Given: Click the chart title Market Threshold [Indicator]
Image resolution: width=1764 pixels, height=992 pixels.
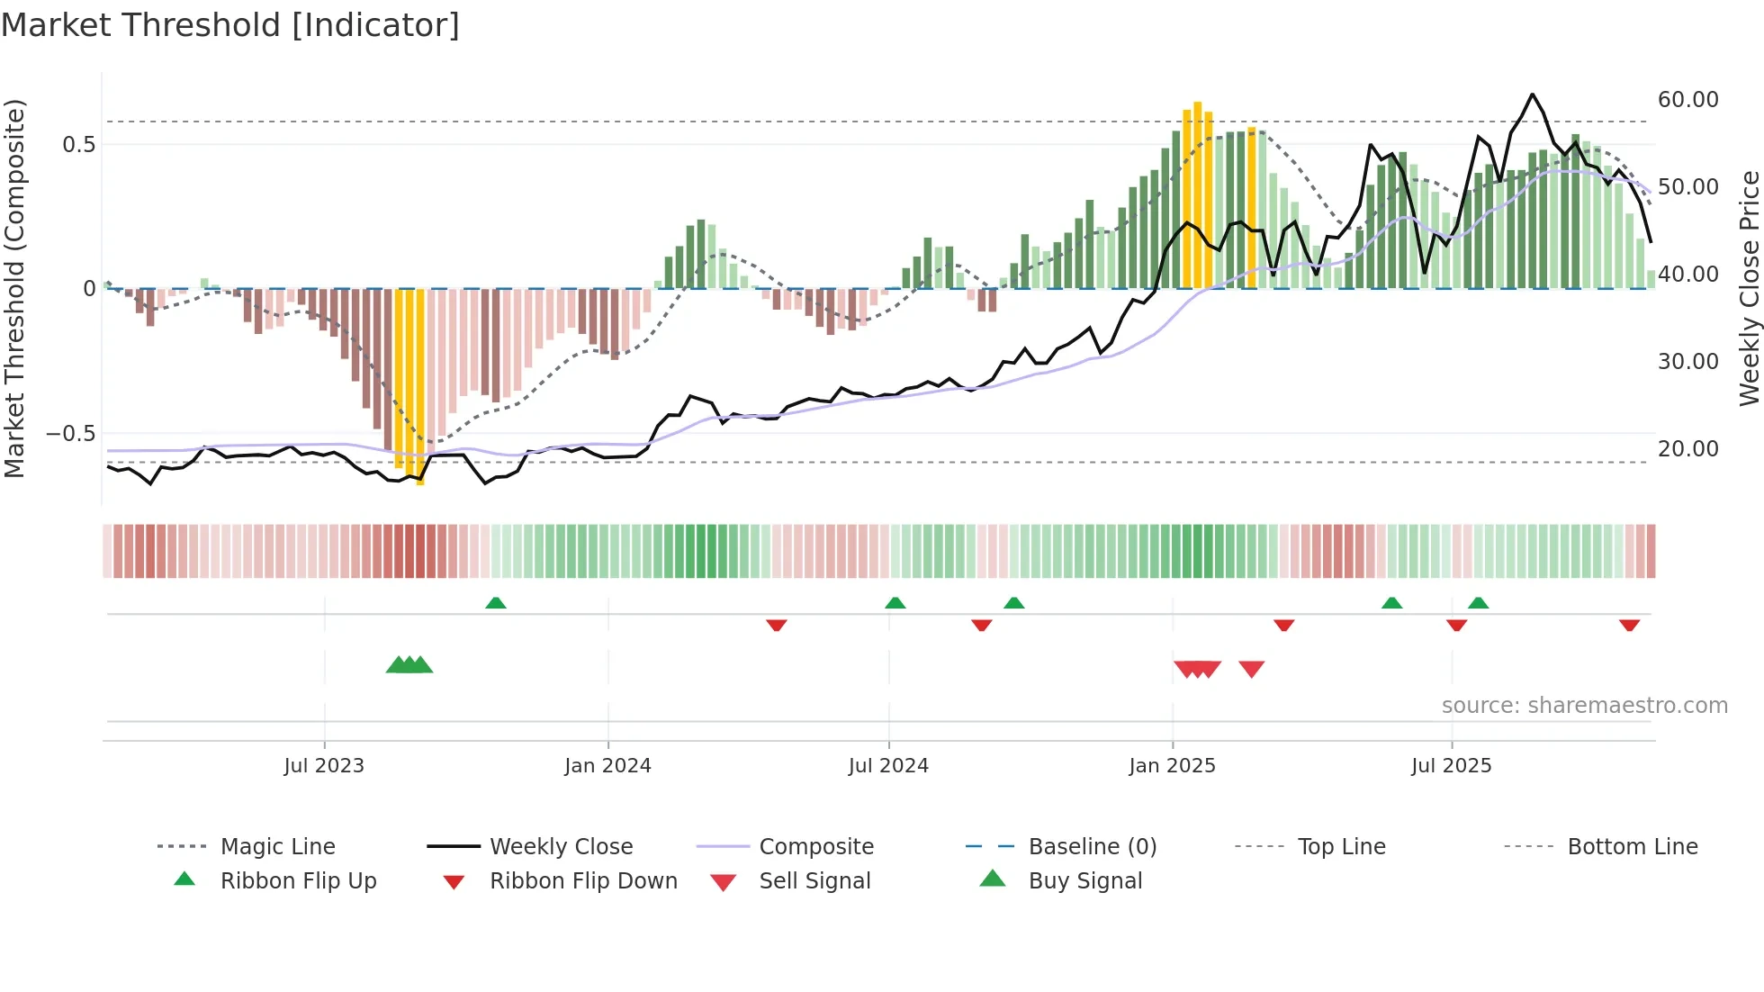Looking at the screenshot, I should click(x=230, y=25).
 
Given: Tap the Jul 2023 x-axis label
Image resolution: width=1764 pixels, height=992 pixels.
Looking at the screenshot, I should click(x=324, y=766).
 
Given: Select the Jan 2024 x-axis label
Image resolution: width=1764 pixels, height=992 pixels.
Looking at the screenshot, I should click(x=607, y=766).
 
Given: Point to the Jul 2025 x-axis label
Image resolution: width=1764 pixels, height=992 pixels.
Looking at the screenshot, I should click(x=1451, y=766).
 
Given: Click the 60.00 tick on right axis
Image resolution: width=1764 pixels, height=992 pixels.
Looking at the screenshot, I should click(x=1687, y=100).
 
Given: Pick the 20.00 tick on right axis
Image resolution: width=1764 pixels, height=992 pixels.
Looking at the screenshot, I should click(x=1687, y=449).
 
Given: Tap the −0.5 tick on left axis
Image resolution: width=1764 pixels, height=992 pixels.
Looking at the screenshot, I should click(x=71, y=434).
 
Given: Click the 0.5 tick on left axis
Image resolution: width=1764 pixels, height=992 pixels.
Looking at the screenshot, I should click(x=78, y=145).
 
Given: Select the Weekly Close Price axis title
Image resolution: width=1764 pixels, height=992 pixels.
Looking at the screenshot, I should click(x=1749, y=288).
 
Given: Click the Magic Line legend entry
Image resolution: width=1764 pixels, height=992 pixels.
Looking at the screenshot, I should click(x=277, y=847).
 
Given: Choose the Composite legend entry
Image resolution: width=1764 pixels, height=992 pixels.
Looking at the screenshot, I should click(x=815, y=847).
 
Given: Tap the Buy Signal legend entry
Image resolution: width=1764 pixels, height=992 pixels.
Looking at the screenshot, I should click(x=1084, y=881).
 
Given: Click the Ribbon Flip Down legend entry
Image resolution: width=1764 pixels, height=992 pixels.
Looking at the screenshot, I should click(x=582, y=881).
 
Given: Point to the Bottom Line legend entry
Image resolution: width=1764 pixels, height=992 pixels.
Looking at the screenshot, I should click(x=1632, y=847).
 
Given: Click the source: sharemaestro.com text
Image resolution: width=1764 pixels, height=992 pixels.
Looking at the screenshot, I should click(x=1584, y=706).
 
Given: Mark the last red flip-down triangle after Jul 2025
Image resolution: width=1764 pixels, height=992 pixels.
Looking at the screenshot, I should click(x=1629, y=625).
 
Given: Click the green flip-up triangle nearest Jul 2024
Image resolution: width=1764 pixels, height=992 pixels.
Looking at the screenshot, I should click(x=895, y=603).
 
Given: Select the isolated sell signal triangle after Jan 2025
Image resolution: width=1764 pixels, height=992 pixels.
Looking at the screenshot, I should click(x=1251, y=669).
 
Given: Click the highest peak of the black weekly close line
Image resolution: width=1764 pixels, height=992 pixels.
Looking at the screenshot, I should click(x=1532, y=95).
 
